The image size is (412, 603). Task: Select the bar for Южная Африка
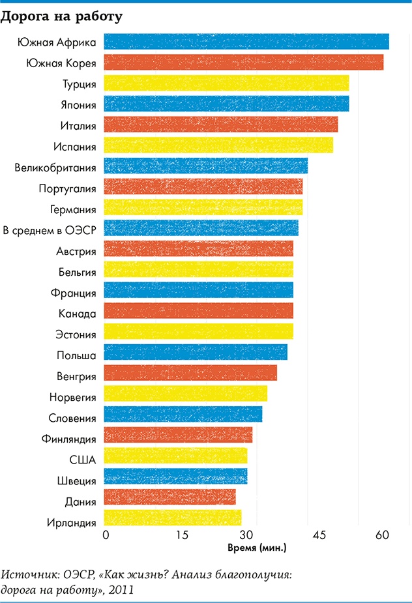(246, 42)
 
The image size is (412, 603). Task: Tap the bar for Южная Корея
(244, 63)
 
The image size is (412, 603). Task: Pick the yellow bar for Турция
(226, 83)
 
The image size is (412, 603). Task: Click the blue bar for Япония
(226, 104)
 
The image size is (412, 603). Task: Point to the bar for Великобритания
(206, 166)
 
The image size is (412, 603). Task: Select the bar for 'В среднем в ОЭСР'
(201, 228)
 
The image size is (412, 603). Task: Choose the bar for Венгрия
(190, 374)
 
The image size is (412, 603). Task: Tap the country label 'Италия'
(81, 125)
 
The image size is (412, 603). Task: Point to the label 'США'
(83, 460)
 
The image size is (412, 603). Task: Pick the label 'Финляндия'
(72, 439)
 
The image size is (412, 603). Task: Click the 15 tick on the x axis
(183, 535)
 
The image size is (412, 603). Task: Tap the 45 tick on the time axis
(319, 535)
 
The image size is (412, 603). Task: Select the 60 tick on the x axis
(381, 535)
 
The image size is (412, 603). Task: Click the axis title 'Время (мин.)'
(257, 548)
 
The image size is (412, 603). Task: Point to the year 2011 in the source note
(123, 590)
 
